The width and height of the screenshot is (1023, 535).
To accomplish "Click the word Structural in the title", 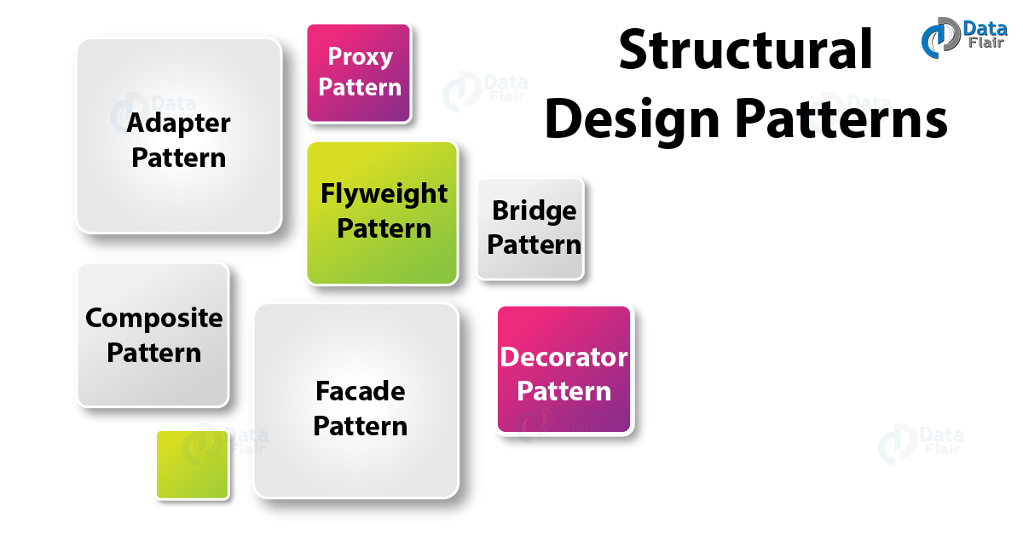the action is pyautogui.click(x=746, y=49).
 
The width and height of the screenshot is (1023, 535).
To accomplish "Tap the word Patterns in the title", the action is pyautogui.click(x=841, y=118).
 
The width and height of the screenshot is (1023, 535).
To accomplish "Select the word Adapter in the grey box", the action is pyautogui.click(x=178, y=124).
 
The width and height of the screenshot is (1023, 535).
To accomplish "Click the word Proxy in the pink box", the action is pyautogui.click(x=360, y=58).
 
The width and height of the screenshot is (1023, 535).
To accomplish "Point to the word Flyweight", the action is pyautogui.click(x=384, y=194).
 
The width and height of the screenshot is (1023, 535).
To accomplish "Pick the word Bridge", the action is pyautogui.click(x=534, y=211).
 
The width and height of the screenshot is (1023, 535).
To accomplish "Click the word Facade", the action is pyautogui.click(x=361, y=391).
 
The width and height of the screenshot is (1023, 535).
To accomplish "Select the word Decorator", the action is pyautogui.click(x=564, y=357).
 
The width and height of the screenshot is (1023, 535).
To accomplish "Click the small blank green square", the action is pyautogui.click(x=193, y=464).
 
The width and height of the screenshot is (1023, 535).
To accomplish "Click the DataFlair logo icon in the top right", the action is pyautogui.click(x=940, y=37).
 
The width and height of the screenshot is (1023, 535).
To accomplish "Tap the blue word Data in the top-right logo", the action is pyautogui.click(x=985, y=29).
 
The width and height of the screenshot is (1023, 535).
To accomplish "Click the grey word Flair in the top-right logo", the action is pyautogui.click(x=986, y=43).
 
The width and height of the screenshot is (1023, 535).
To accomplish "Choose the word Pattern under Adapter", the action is pyautogui.click(x=178, y=158).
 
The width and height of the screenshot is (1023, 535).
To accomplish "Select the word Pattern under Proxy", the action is pyautogui.click(x=360, y=87).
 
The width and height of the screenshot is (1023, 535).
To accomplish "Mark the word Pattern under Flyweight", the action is pyautogui.click(x=384, y=228).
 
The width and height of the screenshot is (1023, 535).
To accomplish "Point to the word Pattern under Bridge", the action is pyautogui.click(x=534, y=244).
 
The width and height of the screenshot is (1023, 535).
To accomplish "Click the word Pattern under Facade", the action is pyautogui.click(x=361, y=426).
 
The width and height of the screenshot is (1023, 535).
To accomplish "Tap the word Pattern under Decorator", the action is pyautogui.click(x=564, y=391).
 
